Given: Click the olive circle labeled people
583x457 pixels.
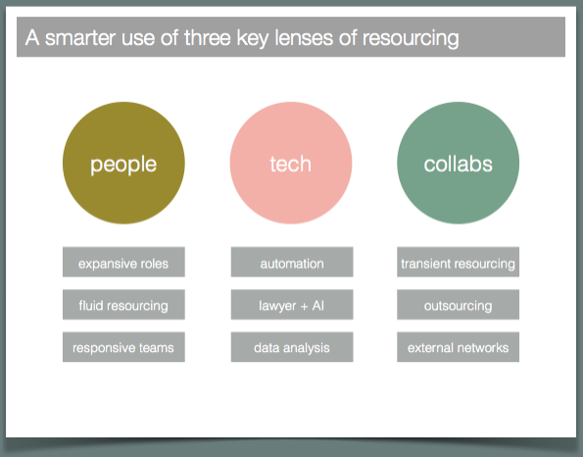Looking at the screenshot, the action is point(123,163).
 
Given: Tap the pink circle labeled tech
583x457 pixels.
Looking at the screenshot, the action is point(291,163).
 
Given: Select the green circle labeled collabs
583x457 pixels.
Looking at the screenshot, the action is point(459,163).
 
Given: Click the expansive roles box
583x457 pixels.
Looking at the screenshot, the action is point(123,262).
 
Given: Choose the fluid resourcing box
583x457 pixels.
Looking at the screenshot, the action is point(123,304).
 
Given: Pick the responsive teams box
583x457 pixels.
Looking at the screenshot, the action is point(123,347).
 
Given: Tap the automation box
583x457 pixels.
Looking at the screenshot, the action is point(292,262).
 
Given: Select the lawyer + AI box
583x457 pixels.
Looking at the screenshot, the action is point(292,304).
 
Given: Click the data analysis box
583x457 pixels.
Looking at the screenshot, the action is point(292,347).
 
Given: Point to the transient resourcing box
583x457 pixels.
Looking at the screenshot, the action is point(459,262).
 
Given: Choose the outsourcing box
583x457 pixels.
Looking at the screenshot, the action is point(459,304).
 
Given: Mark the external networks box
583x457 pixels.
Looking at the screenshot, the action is point(459,347).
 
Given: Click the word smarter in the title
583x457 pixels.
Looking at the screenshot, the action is point(80,38).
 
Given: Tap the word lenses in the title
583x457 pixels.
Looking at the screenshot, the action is point(304,38).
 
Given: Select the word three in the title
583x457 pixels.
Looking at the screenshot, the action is point(208,38).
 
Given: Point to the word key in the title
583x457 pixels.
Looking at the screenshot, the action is point(253,39).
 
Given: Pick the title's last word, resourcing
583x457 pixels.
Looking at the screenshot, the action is point(411,39).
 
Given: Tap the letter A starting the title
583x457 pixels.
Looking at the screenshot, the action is point(32,38).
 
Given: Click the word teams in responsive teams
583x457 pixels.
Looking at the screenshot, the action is point(156,347).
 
